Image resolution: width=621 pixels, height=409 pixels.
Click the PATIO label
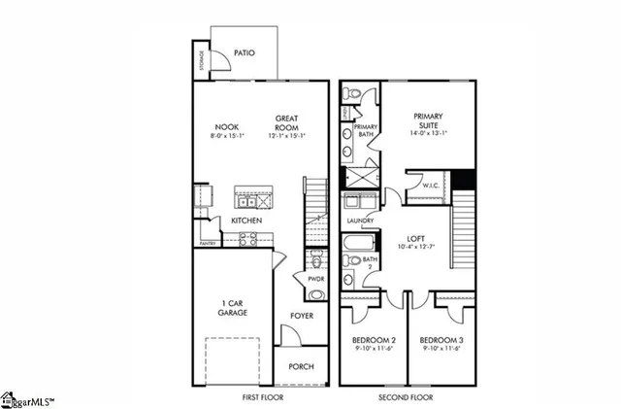pos(245,52)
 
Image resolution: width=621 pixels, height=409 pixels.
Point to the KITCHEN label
pos(245,222)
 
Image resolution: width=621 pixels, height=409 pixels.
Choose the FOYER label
pos(302,317)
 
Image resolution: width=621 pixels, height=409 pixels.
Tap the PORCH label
pos(302,367)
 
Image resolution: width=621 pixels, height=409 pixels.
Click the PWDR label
pos(315,279)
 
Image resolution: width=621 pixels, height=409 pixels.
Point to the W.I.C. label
pos(432,185)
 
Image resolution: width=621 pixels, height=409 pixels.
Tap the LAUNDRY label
pos(361,222)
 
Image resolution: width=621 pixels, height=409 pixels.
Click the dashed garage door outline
pos(232,361)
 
